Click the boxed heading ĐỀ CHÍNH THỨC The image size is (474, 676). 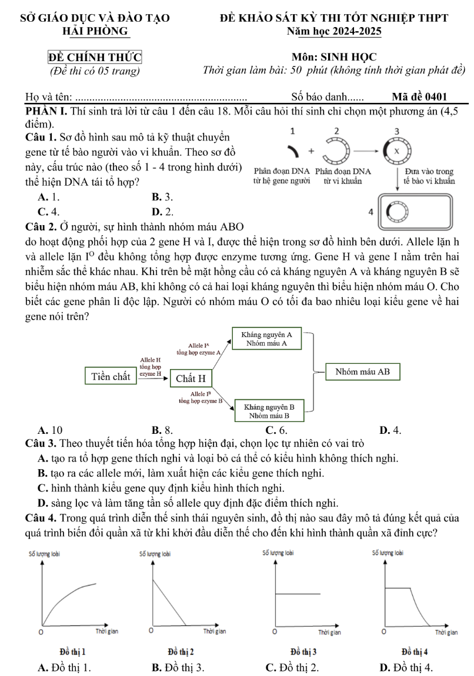point(95,58)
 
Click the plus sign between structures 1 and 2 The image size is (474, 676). point(311,150)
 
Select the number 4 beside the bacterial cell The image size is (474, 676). point(370,210)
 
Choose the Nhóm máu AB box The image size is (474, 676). point(362,372)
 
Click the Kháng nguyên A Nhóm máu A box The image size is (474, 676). point(266,339)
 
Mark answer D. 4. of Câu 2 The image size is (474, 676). point(391,430)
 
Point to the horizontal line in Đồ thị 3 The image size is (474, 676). point(298,594)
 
